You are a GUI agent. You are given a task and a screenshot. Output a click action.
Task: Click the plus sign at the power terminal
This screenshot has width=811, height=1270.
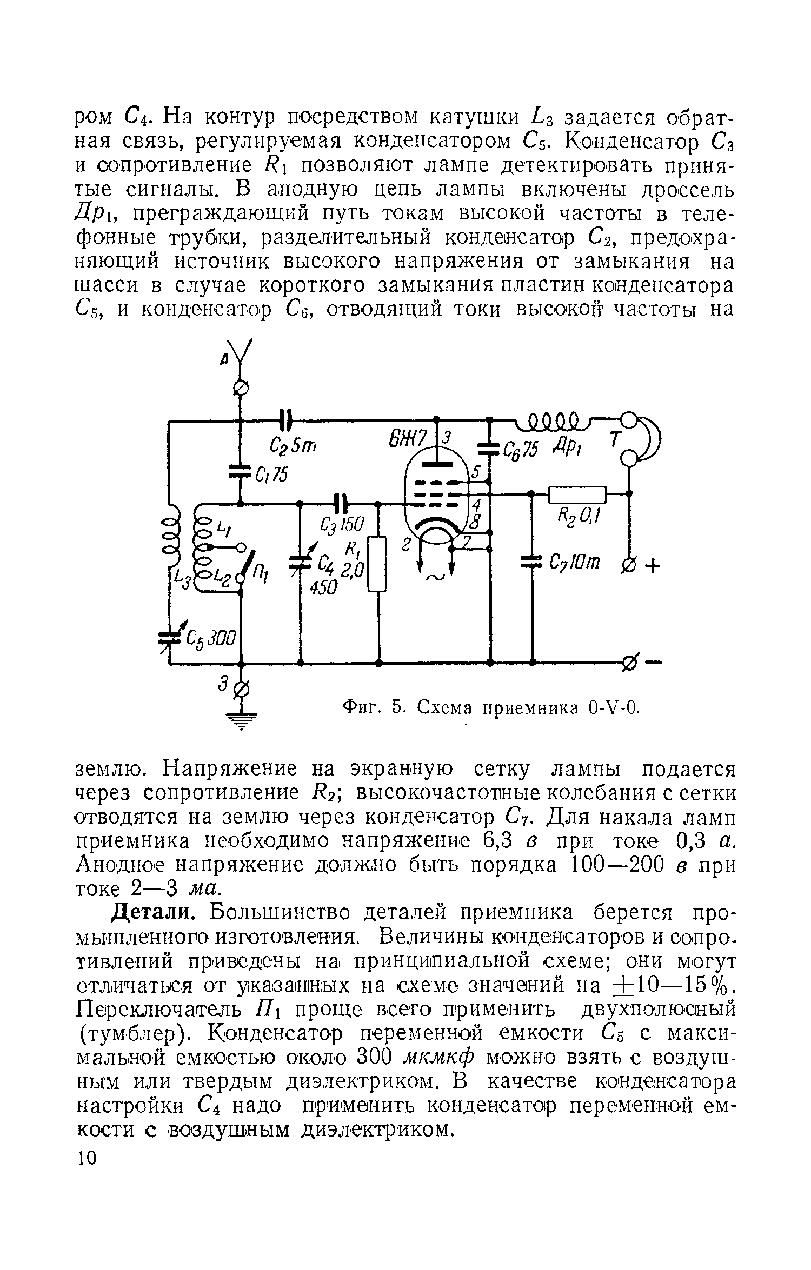(x=653, y=566)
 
